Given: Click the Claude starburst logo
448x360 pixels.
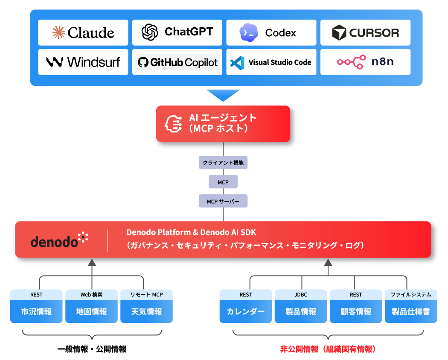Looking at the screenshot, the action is [58, 32].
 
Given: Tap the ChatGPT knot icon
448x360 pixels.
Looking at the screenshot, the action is [150, 32].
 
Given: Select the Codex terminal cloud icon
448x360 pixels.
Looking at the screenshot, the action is [249, 32].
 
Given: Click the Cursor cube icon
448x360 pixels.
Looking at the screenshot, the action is [339, 32].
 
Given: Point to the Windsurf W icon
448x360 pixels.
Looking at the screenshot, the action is [55, 62].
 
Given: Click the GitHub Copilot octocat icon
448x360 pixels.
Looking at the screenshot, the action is [143, 62].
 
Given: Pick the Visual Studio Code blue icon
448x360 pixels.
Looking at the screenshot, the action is [237, 63].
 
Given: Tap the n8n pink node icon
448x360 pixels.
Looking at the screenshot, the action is [352, 62].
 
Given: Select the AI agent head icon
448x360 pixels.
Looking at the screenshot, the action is [173, 124].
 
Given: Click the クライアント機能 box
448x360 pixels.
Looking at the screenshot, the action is [223, 163].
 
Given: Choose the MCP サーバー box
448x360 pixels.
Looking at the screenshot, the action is [223, 201].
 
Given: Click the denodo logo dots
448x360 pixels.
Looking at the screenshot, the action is [83, 237].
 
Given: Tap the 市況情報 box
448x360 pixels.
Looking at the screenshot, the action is [36, 311].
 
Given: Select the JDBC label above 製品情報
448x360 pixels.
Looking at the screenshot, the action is [301, 295].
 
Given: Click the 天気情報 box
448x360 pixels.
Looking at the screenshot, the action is [147, 311].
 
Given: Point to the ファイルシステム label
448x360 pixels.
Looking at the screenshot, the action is [411, 295].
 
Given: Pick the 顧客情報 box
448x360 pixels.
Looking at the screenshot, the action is [356, 311].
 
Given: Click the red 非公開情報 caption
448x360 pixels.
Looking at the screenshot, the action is [328, 349].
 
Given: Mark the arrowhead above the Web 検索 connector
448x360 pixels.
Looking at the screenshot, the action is [92, 262].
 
